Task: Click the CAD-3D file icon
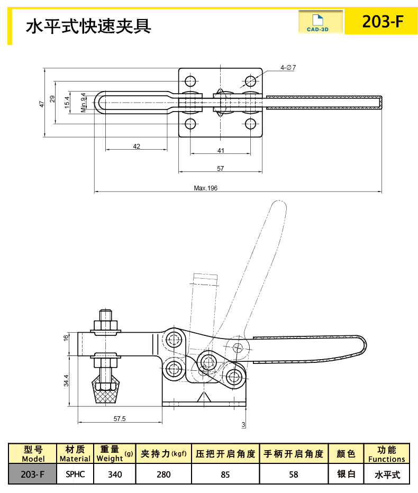317,23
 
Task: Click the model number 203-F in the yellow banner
383,21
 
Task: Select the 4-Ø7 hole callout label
288,68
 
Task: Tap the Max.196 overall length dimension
206,188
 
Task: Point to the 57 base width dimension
221,169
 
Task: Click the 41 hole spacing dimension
221,151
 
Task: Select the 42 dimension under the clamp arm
137,146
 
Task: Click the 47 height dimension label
42,104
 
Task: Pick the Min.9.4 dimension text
84,103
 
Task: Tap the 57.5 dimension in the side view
120,419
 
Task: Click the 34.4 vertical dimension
66,380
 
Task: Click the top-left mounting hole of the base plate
190,81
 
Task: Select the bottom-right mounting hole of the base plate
251,124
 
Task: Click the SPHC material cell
75,474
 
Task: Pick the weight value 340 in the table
115,474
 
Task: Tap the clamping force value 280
163,474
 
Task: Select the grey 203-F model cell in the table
33,474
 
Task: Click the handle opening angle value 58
294,474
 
